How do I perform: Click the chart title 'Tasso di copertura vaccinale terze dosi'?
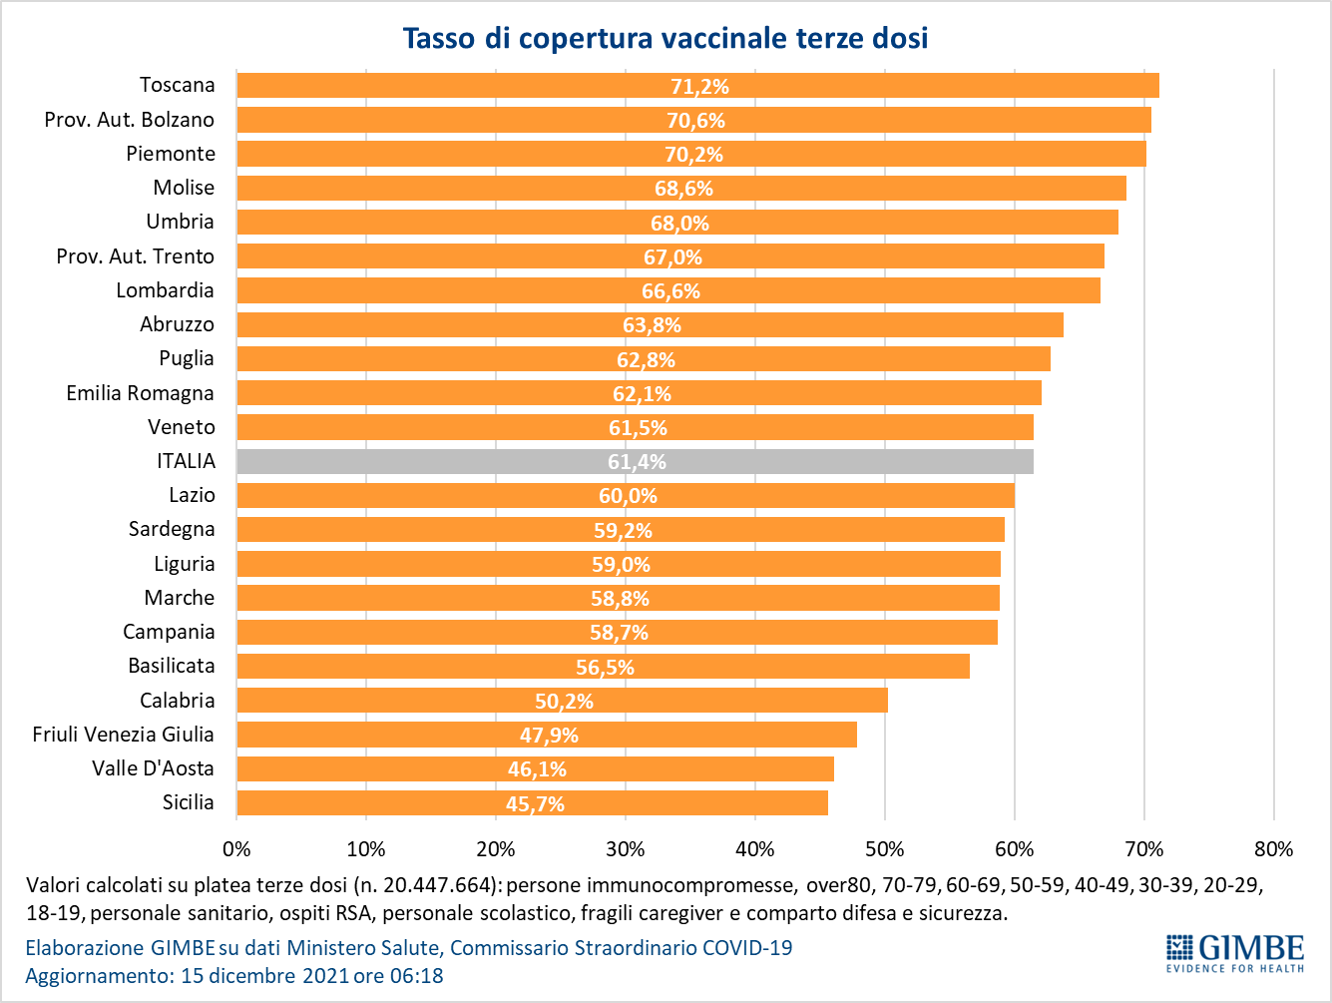pyautogui.click(x=666, y=38)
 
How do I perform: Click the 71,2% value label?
pyautogui.click(x=699, y=87)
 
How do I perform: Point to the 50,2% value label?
pyautogui.click(x=564, y=702)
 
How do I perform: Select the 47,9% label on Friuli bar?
pyautogui.click(x=549, y=736)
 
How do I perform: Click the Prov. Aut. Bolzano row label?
pyautogui.click(x=130, y=120)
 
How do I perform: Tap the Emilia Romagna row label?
pyautogui.click(x=140, y=393)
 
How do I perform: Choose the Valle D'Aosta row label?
pyautogui.click(x=153, y=768)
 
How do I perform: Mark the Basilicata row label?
pyautogui.click(x=171, y=666)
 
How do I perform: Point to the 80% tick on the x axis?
pyautogui.click(x=1273, y=849)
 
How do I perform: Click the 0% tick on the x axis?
pyautogui.click(x=236, y=849)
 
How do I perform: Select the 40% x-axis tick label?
pyautogui.click(x=755, y=849)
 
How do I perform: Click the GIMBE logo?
pyautogui.click(x=1235, y=952)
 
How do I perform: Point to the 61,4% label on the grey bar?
pyautogui.click(x=637, y=462)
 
